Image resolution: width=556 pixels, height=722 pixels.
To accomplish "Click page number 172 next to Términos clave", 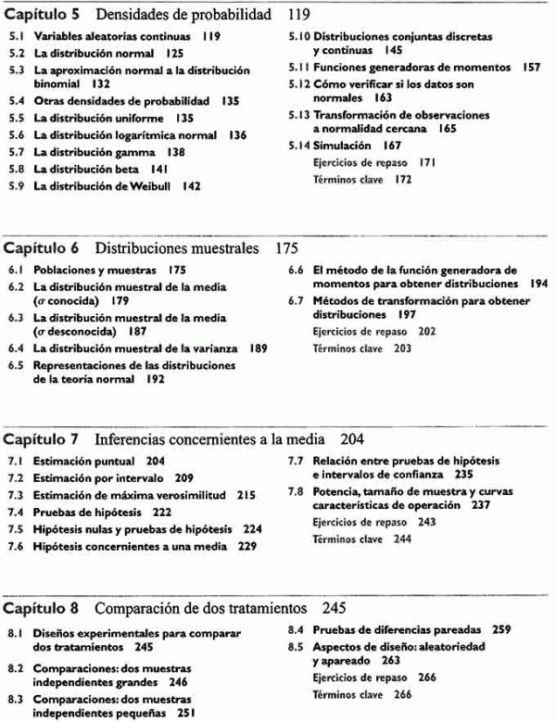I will click(400, 179).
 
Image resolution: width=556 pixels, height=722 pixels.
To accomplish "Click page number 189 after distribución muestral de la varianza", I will click(258, 348).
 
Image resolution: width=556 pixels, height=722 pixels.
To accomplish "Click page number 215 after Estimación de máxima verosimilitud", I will click(246, 495).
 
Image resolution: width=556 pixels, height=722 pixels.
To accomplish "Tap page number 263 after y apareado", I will click(389, 661).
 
